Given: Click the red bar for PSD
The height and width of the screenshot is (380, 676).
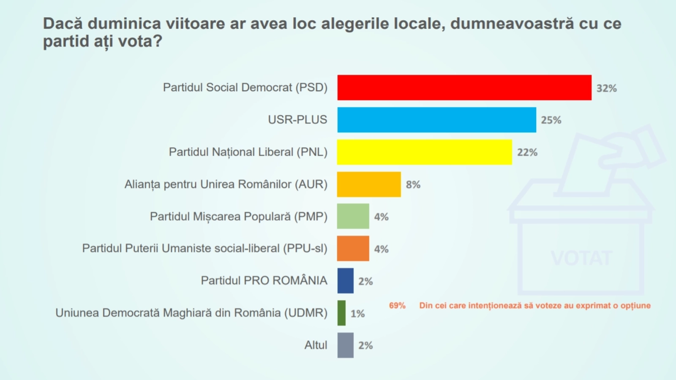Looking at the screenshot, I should [464, 88].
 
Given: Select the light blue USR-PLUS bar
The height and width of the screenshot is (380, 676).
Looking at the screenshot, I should [436, 120].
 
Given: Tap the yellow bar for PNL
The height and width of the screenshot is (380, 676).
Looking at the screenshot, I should [424, 152].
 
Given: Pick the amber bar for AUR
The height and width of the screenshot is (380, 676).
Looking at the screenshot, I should [369, 184].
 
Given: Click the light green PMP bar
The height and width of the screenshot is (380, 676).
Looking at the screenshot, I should [353, 216].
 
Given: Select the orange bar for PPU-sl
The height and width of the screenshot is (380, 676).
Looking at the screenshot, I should [353, 248].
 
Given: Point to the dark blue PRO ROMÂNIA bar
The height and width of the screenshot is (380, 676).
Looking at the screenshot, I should [345, 280].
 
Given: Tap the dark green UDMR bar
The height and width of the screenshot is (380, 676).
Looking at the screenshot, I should [341, 313].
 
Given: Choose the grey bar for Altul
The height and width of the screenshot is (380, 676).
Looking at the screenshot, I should [345, 345].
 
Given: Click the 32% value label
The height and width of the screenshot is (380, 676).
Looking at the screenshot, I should [606, 88].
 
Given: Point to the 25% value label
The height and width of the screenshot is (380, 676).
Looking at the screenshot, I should [551, 120].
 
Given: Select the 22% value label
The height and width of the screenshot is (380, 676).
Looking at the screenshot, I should [527, 152].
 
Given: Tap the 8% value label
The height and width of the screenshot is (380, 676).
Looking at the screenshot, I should [413, 185].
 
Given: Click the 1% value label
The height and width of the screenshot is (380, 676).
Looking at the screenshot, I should [357, 313].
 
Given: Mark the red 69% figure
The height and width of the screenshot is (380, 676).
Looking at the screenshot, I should [397, 305].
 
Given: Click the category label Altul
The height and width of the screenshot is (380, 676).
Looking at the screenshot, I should [316, 345].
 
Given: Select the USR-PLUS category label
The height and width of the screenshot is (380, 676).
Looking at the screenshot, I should [297, 120].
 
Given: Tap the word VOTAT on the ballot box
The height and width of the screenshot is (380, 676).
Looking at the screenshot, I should [581, 258].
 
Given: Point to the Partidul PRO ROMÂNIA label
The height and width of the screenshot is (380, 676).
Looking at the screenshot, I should [264, 280].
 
